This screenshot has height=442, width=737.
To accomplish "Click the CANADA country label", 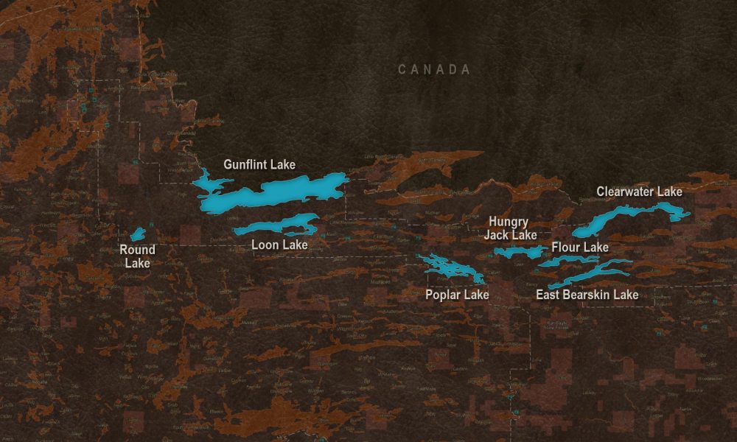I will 434,69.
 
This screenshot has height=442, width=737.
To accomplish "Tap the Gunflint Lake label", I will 259,164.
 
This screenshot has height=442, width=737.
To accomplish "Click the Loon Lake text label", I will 279,245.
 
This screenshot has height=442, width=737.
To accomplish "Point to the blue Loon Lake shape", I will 280,225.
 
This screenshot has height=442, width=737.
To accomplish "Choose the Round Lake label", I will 137,256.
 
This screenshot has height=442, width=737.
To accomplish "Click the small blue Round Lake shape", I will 137,235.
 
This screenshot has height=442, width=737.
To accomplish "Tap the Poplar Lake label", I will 457,295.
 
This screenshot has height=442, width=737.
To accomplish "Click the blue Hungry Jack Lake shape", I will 519,252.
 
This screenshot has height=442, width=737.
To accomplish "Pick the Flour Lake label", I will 580,247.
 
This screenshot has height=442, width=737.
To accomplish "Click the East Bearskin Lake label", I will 587,295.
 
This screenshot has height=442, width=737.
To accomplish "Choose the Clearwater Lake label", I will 639,192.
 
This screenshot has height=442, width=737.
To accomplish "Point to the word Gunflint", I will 245,164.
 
